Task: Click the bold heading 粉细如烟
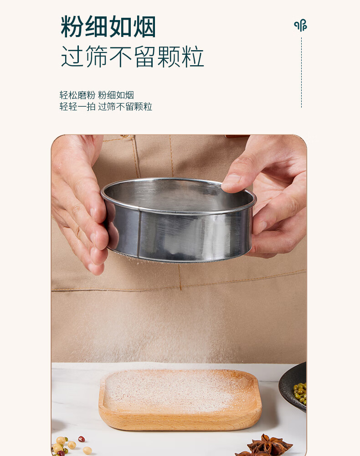(108, 27)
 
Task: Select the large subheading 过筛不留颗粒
(132, 57)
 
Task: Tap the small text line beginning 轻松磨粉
(97, 95)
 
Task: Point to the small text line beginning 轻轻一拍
(106, 106)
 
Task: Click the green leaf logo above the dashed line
(300, 25)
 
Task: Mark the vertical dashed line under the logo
(301, 73)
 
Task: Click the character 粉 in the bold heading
(72, 27)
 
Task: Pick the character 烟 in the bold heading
(144, 27)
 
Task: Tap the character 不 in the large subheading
(121, 57)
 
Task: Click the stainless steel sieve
(178, 220)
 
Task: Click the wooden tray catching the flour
(180, 400)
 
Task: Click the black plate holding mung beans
(293, 387)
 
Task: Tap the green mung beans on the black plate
(300, 393)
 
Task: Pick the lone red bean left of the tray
(82, 439)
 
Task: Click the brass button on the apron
(124, 136)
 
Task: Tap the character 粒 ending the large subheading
(193, 57)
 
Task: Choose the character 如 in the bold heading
(120, 27)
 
